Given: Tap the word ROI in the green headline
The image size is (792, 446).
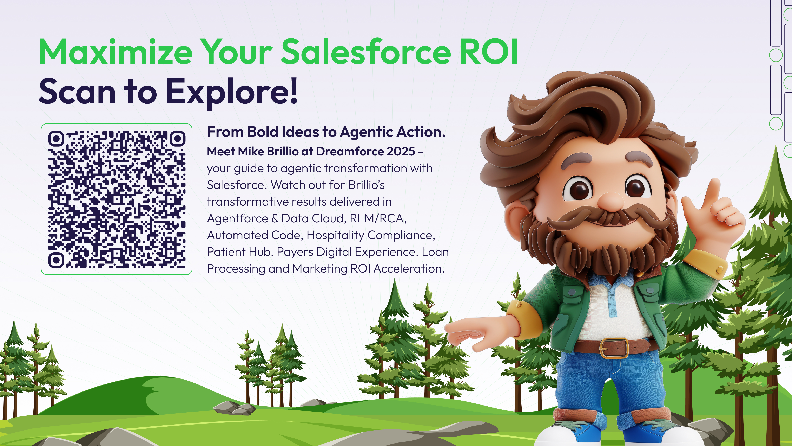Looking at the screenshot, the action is coord(489,51).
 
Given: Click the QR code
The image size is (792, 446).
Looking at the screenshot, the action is coord(117,199).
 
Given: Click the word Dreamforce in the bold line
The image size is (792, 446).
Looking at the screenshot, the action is coord(350,151).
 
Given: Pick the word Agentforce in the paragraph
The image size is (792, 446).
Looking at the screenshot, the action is coord(238,218).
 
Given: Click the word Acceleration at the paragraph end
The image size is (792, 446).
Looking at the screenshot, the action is coord(409,269).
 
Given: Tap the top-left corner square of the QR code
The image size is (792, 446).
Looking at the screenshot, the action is coord(56,139).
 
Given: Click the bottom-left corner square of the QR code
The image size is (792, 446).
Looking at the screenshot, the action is coord(56,260).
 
